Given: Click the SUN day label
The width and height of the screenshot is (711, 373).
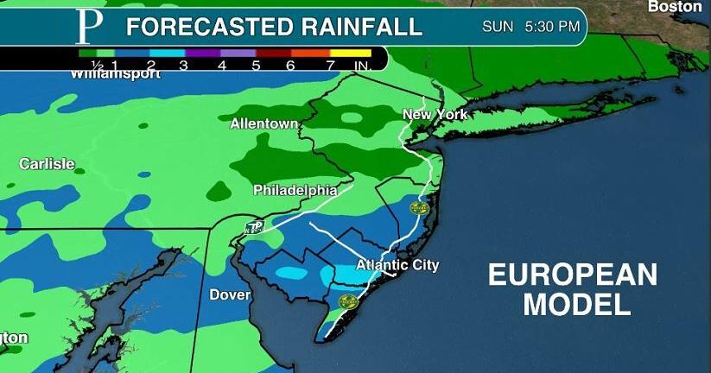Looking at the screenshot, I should [x=498, y=27].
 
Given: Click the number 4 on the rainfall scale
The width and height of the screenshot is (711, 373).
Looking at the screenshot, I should [x=222, y=65].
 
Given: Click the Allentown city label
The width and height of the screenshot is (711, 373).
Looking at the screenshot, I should [x=263, y=124].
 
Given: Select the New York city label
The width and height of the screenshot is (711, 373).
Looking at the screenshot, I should [x=435, y=115].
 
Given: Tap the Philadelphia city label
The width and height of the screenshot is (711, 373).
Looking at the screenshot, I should [x=295, y=190].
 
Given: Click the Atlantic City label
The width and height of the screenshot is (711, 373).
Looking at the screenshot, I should [x=398, y=265].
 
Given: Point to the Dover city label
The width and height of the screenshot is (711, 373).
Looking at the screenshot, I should [x=230, y=295].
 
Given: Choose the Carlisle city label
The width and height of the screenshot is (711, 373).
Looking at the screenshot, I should [x=47, y=164].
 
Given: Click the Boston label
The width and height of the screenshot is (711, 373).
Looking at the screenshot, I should [x=675, y=7].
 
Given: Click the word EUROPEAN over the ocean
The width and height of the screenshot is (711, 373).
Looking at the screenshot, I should [x=573, y=275].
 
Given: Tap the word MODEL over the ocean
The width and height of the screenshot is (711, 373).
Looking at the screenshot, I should [x=577, y=304].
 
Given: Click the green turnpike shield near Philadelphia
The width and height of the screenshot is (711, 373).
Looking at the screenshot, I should [x=253, y=228].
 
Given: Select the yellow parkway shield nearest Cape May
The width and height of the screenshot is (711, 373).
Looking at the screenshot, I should [x=348, y=301].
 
